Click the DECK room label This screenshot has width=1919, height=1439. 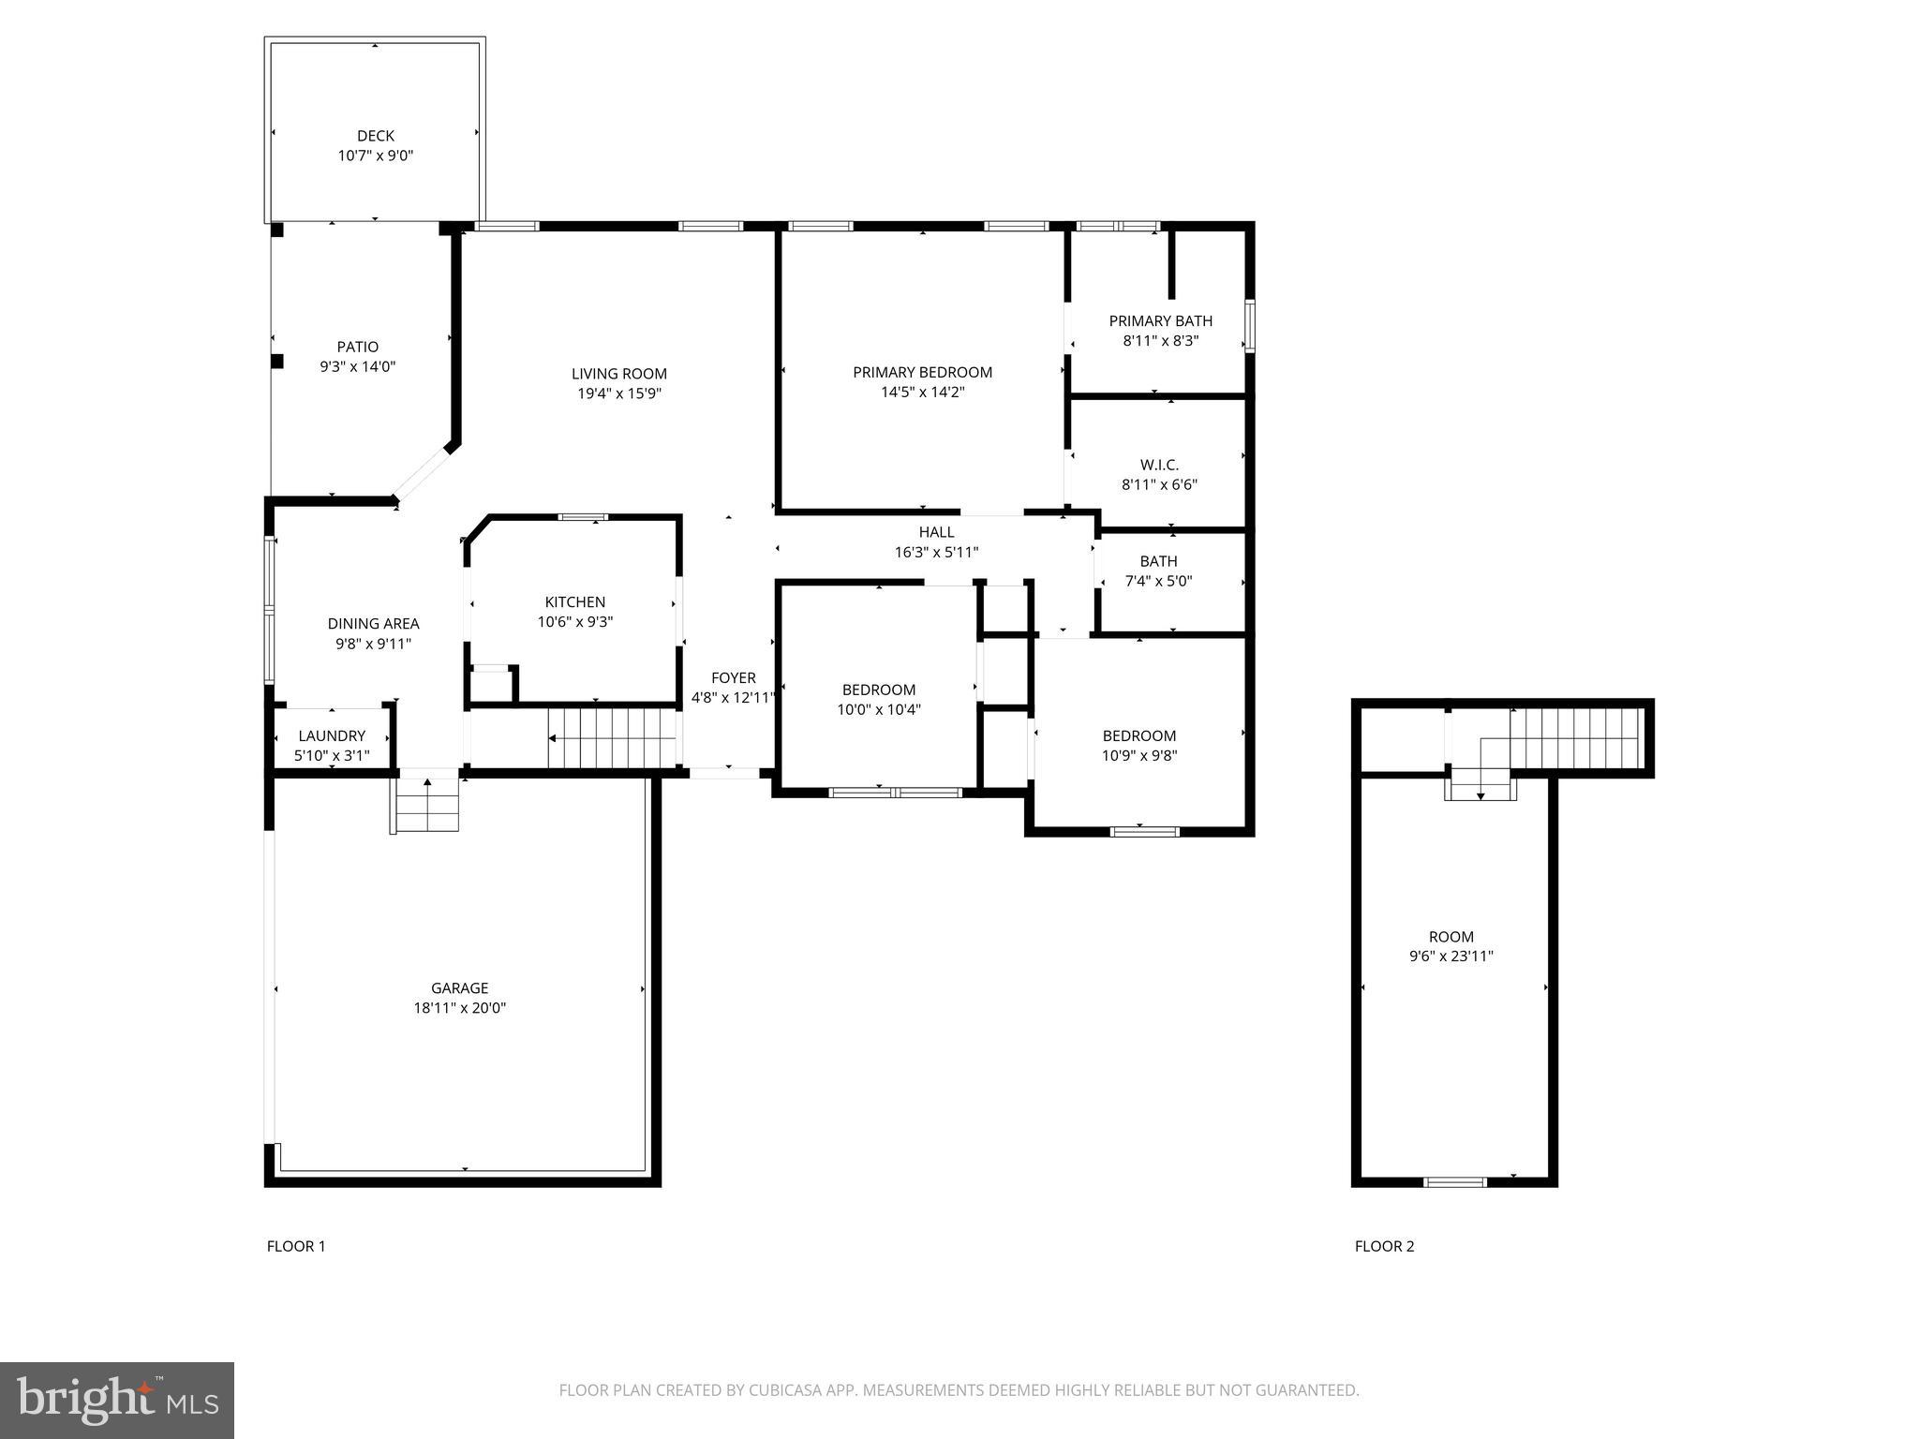pos(375,136)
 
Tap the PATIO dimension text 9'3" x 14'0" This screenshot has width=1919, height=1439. pos(357,367)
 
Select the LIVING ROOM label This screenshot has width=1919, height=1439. pos(618,374)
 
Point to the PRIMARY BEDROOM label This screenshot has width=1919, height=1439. pos(922,372)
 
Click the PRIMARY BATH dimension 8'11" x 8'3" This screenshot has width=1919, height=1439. pos(1160,341)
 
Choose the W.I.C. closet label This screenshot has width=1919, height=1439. pos(1159,465)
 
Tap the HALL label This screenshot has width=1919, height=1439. pos(936,532)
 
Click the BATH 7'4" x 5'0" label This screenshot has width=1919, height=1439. pos(1158,571)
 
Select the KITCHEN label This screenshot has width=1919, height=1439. pos(574,601)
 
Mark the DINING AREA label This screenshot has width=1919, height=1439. pos(373,623)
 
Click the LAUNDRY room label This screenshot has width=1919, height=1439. pos(332,735)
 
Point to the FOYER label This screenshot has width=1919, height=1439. pos(733,677)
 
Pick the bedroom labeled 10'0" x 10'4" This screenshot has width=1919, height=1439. pos(878,700)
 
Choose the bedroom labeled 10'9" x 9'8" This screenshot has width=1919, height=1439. pos(1138,746)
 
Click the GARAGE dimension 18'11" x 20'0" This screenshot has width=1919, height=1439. pos(459,1008)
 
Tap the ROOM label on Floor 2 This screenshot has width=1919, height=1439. pos(1450,936)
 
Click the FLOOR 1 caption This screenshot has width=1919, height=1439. pos(296,1246)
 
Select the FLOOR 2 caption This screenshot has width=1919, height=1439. pos(1384,1246)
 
